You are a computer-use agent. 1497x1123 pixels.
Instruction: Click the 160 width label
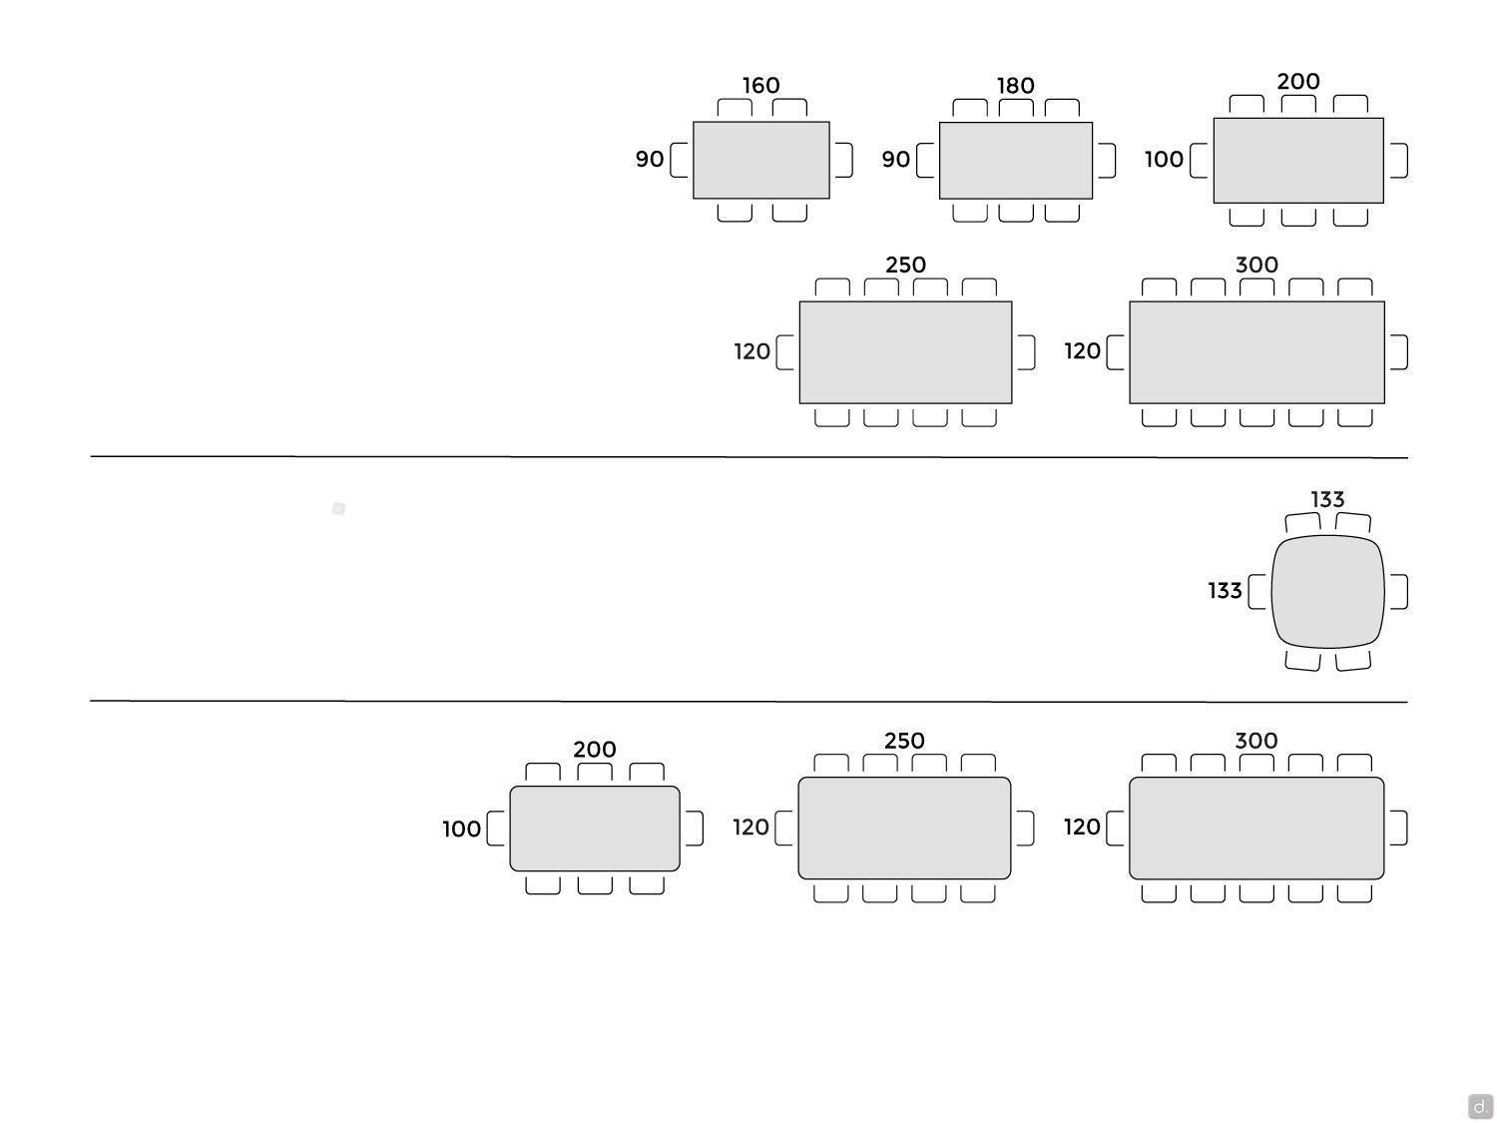point(760,86)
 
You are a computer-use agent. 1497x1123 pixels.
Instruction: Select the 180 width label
point(1015,86)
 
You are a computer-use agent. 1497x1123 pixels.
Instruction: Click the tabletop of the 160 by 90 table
point(760,160)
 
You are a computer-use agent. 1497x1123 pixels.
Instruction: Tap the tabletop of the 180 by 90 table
point(1015,160)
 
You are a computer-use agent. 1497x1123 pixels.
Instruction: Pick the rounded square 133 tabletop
point(1327,591)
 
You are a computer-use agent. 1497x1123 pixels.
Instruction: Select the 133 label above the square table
point(1327,499)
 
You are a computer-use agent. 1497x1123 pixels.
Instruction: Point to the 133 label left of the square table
point(1225,591)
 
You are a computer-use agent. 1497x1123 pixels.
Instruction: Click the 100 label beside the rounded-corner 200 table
point(461,829)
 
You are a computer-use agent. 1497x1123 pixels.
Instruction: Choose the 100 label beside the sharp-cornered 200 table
point(1164,160)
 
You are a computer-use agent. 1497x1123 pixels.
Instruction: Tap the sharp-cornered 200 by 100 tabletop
point(1297,160)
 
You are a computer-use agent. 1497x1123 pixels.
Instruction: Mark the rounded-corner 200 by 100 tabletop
point(594,829)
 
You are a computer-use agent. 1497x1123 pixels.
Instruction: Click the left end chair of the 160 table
point(680,160)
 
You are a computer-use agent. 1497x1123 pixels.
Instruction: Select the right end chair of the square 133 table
point(1398,591)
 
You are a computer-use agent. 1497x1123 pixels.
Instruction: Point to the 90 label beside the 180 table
point(895,160)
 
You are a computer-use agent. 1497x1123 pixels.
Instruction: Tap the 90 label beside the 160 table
point(649,160)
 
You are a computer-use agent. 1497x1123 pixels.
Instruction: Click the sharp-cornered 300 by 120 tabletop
point(1256,352)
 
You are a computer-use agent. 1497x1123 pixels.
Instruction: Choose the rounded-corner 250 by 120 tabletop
point(904,828)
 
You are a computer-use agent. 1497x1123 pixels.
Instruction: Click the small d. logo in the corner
point(1480,1106)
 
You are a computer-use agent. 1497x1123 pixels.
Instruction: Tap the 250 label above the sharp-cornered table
point(905,266)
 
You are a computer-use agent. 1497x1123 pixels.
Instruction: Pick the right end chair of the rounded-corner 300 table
point(1398,828)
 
